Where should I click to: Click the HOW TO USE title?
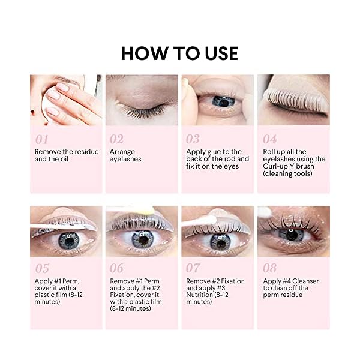pyautogui.click(x=179, y=53)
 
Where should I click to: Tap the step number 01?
pyautogui.click(x=41, y=139)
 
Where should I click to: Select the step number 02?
pyautogui.click(x=116, y=139)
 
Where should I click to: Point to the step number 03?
pyautogui.click(x=193, y=139)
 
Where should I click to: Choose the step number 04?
pyautogui.click(x=269, y=139)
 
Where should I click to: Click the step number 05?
pyautogui.click(x=41, y=268)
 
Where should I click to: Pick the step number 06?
pyautogui.click(x=116, y=268)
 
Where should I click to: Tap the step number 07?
pyautogui.click(x=193, y=268)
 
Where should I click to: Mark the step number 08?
pyautogui.click(x=269, y=268)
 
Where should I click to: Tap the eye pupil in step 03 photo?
pyautogui.click(x=223, y=101)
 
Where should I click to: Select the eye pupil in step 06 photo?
pyautogui.click(x=142, y=239)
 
